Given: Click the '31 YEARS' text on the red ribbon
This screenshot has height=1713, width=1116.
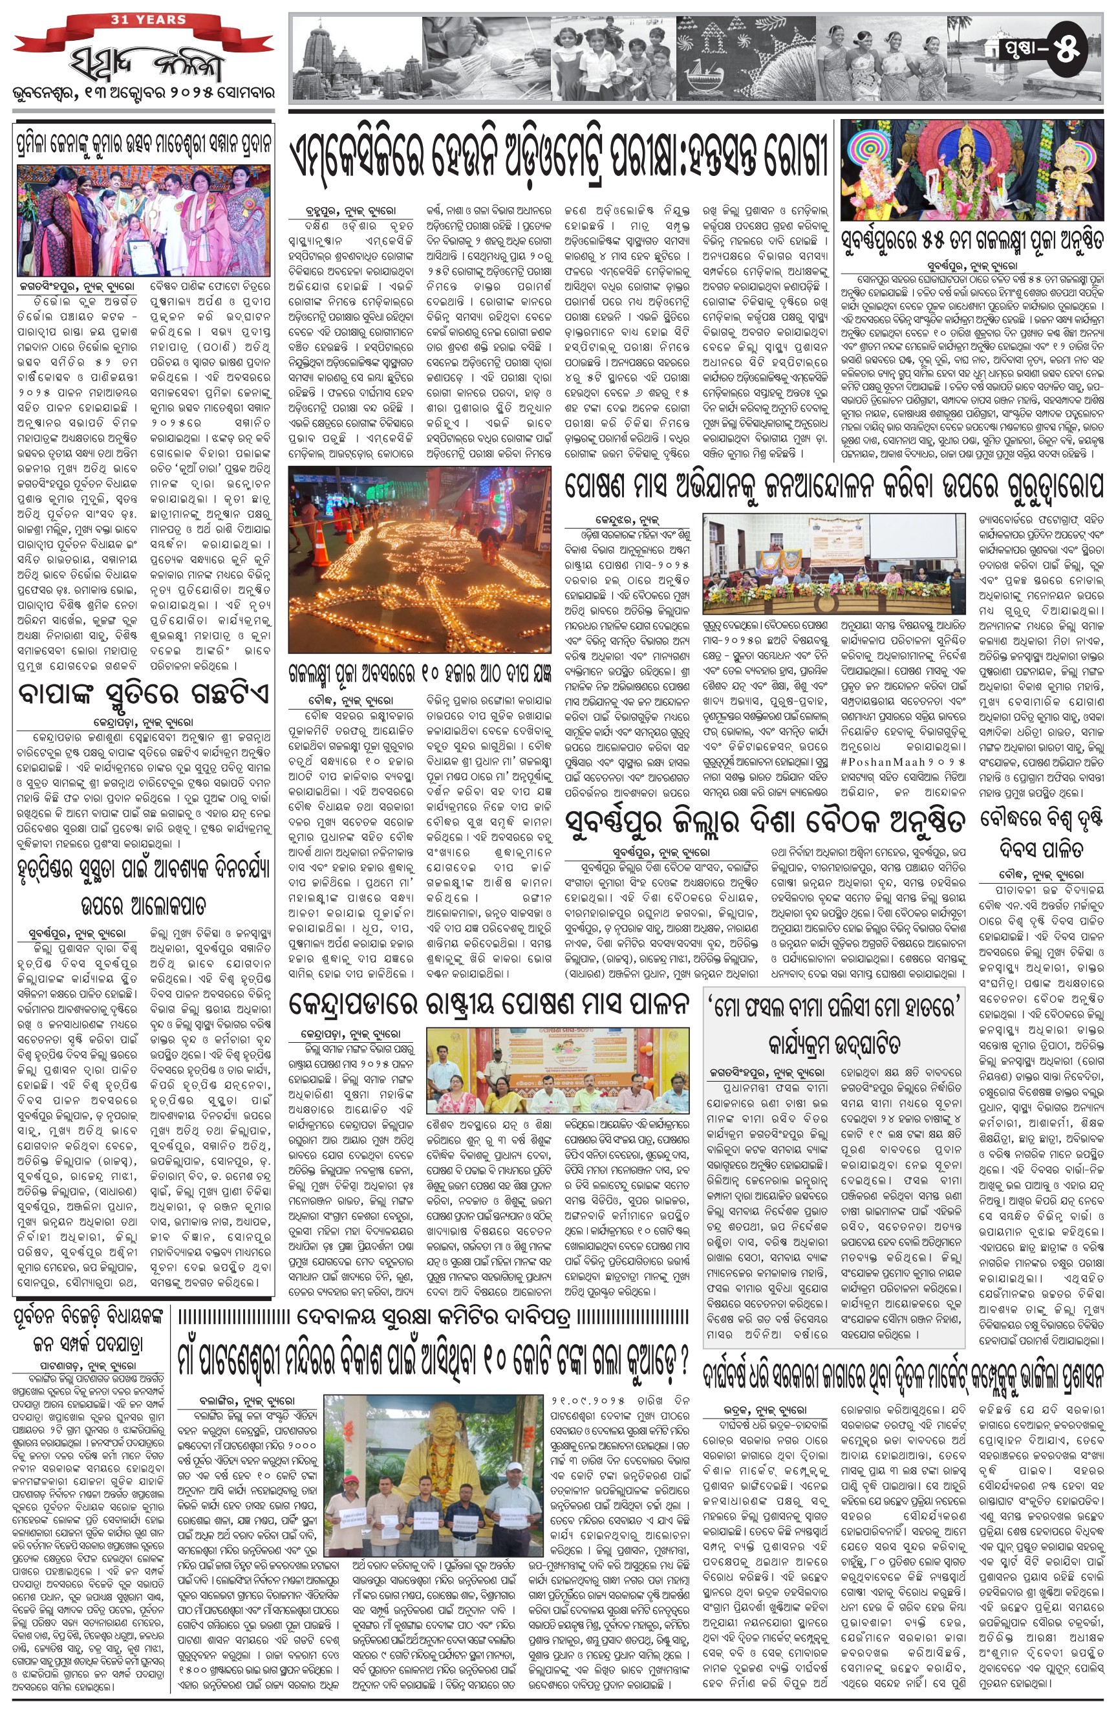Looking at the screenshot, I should tap(148, 19).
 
